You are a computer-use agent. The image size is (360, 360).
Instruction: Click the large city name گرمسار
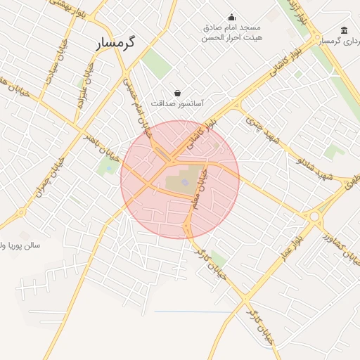point(117,43)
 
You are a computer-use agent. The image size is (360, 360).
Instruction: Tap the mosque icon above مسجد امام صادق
point(232,18)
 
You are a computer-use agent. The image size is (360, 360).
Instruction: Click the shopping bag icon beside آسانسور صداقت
point(176,92)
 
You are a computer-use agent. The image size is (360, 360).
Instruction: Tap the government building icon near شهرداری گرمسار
point(344,30)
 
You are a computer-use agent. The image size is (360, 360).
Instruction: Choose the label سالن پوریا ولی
point(21,245)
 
